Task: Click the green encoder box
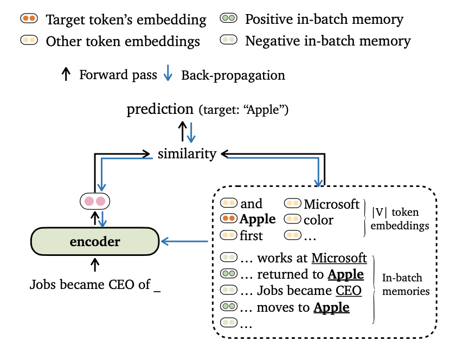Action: click(x=95, y=241)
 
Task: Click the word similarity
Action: click(x=187, y=154)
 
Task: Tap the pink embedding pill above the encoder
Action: click(x=95, y=202)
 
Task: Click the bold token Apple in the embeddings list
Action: click(x=258, y=220)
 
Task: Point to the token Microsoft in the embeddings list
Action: click(x=331, y=204)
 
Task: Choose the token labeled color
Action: click(x=318, y=220)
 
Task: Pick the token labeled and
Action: click(x=251, y=204)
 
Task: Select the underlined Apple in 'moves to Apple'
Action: click(x=331, y=307)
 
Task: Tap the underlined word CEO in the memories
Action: click(x=348, y=291)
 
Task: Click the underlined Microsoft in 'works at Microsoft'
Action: click(x=339, y=258)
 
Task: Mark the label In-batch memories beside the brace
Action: click(x=406, y=284)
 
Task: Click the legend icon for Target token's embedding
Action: click(x=28, y=19)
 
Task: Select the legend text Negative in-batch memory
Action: click(x=328, y=41)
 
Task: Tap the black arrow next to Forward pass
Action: click(x=66, y=74)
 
